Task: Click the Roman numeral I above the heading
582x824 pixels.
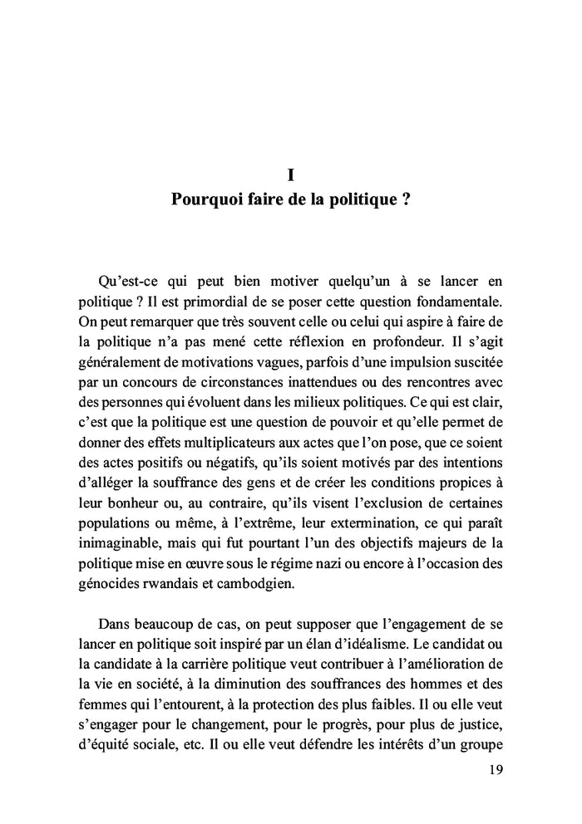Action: coord(291,175)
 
